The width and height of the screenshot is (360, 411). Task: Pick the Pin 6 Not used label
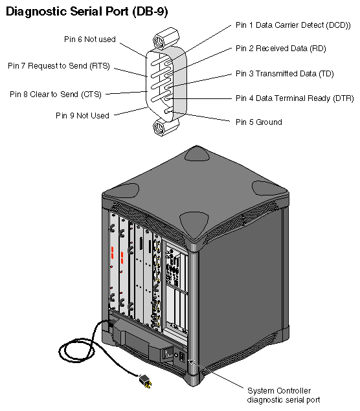pyautogui.click(x=89, y=39)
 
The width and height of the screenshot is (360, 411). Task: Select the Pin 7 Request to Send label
pyautogui.click(x=58, y=65)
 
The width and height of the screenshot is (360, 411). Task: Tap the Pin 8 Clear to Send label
pyautogui.click(x=56, y=94)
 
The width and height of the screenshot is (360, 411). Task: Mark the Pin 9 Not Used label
pyautogui.click(x=82, y=115)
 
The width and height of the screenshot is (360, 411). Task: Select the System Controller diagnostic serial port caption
pyautogui.click(x=284, y=395)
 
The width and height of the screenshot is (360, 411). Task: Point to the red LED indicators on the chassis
pyautogui.click(x=112, y=253)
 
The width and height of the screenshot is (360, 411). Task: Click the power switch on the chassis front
pyautogui.click(x=171, y=353)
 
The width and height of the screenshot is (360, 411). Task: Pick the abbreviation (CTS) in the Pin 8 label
pyautogui.click(x=91, y=94)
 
